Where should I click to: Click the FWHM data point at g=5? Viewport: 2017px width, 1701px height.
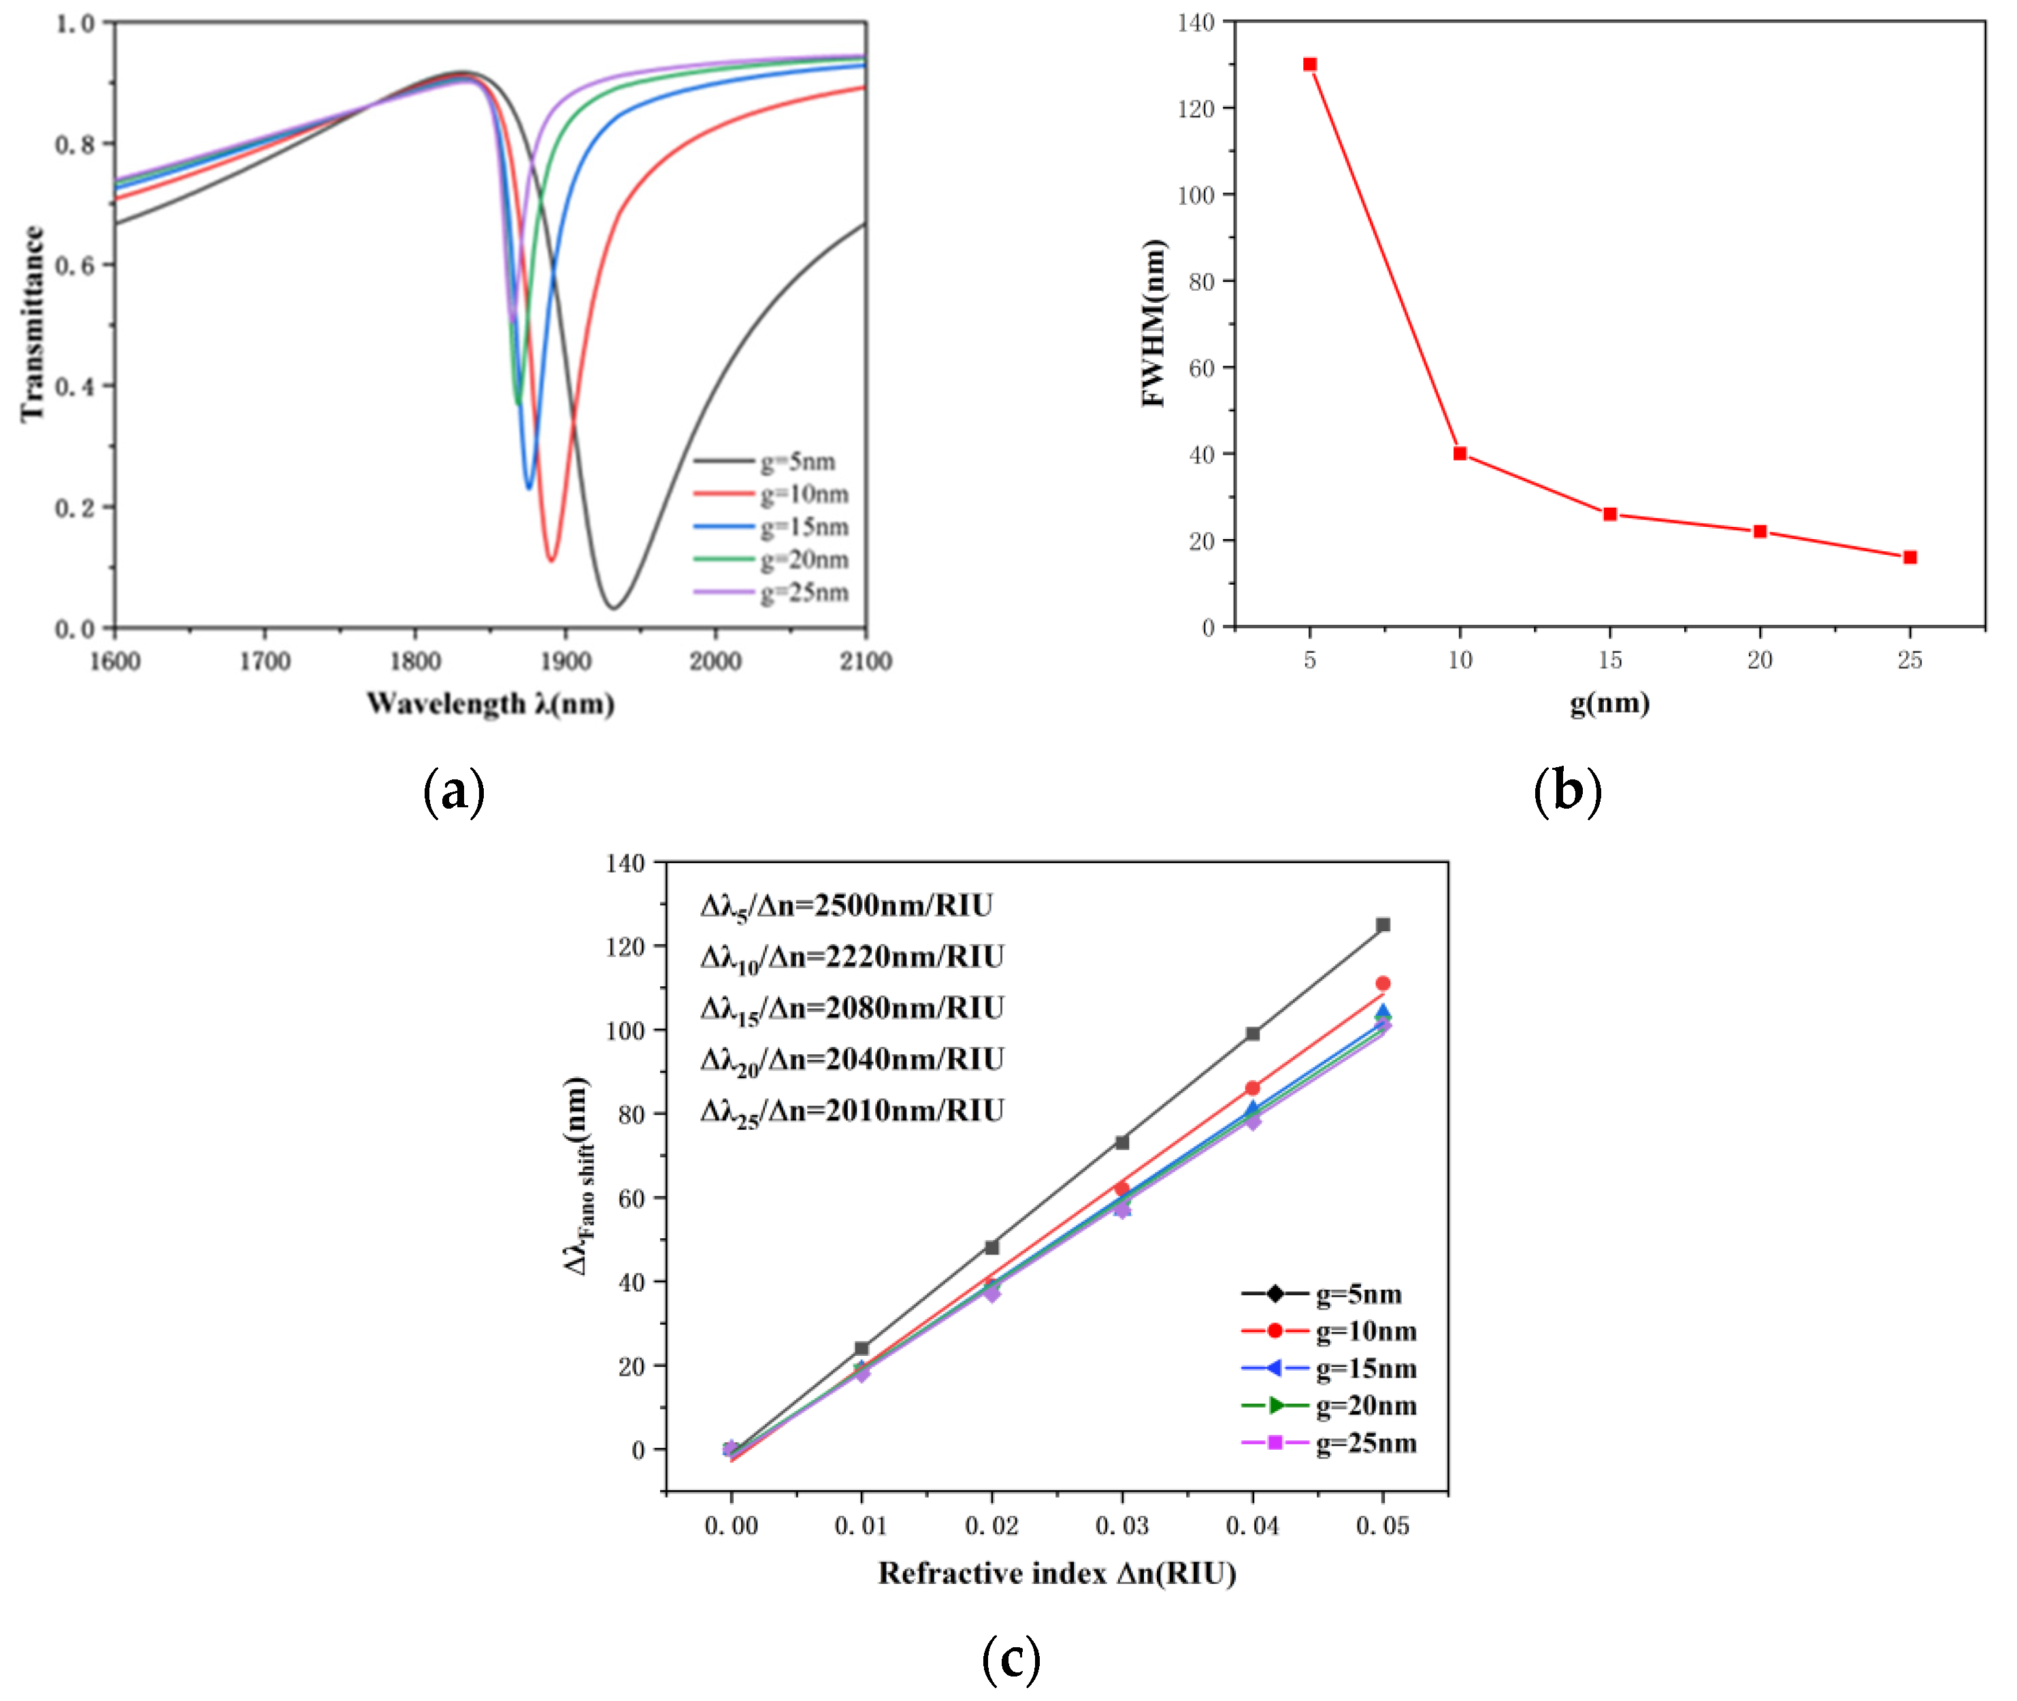1309,65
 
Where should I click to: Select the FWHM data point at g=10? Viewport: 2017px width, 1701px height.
1460,453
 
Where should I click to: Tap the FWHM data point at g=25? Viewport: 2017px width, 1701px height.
1910,557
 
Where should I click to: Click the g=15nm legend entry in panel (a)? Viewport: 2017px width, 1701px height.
771,527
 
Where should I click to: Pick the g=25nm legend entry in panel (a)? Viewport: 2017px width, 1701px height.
771,592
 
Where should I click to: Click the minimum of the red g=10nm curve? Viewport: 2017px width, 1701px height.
551,560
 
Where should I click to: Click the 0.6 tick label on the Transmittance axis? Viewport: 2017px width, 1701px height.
74,265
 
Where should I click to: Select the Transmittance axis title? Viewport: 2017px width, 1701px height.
33,323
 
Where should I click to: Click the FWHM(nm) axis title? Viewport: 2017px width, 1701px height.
1153,323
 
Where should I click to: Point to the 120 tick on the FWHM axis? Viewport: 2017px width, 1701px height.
1196,108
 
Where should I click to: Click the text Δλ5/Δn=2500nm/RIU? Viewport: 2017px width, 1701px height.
847,907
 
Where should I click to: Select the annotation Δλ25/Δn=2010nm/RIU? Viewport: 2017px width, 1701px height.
852,1112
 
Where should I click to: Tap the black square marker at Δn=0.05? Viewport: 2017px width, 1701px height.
1383,925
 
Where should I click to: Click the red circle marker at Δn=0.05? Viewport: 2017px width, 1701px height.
1383,984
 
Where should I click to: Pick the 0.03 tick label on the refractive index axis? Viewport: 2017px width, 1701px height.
1121,1525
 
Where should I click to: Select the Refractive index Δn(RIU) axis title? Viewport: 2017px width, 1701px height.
1057,1574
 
